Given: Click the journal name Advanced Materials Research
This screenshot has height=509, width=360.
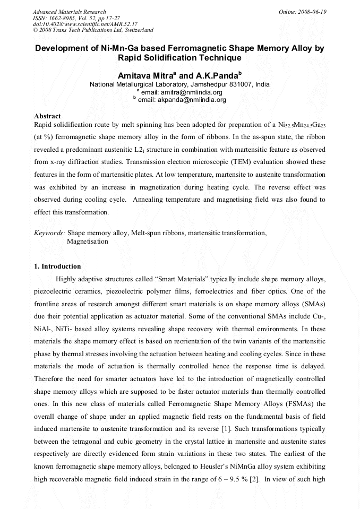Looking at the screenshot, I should point(69,11).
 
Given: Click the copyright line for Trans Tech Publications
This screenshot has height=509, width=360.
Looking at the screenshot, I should point(93,30).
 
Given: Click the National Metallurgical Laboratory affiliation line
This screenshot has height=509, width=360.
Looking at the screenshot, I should point(179,84).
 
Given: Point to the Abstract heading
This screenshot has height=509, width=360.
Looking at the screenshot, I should point(47,116).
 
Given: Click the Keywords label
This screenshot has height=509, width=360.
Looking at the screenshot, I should point(49,232).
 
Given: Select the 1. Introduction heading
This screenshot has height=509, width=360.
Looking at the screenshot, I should point(57,266).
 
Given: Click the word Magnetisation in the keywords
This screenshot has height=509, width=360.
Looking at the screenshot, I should point(88,241).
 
